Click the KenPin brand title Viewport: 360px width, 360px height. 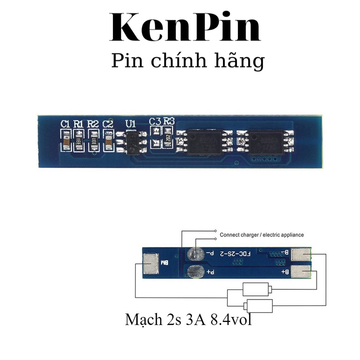coord(184,28)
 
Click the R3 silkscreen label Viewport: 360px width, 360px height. coord(168,122)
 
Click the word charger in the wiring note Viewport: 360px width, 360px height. coord(249,235)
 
